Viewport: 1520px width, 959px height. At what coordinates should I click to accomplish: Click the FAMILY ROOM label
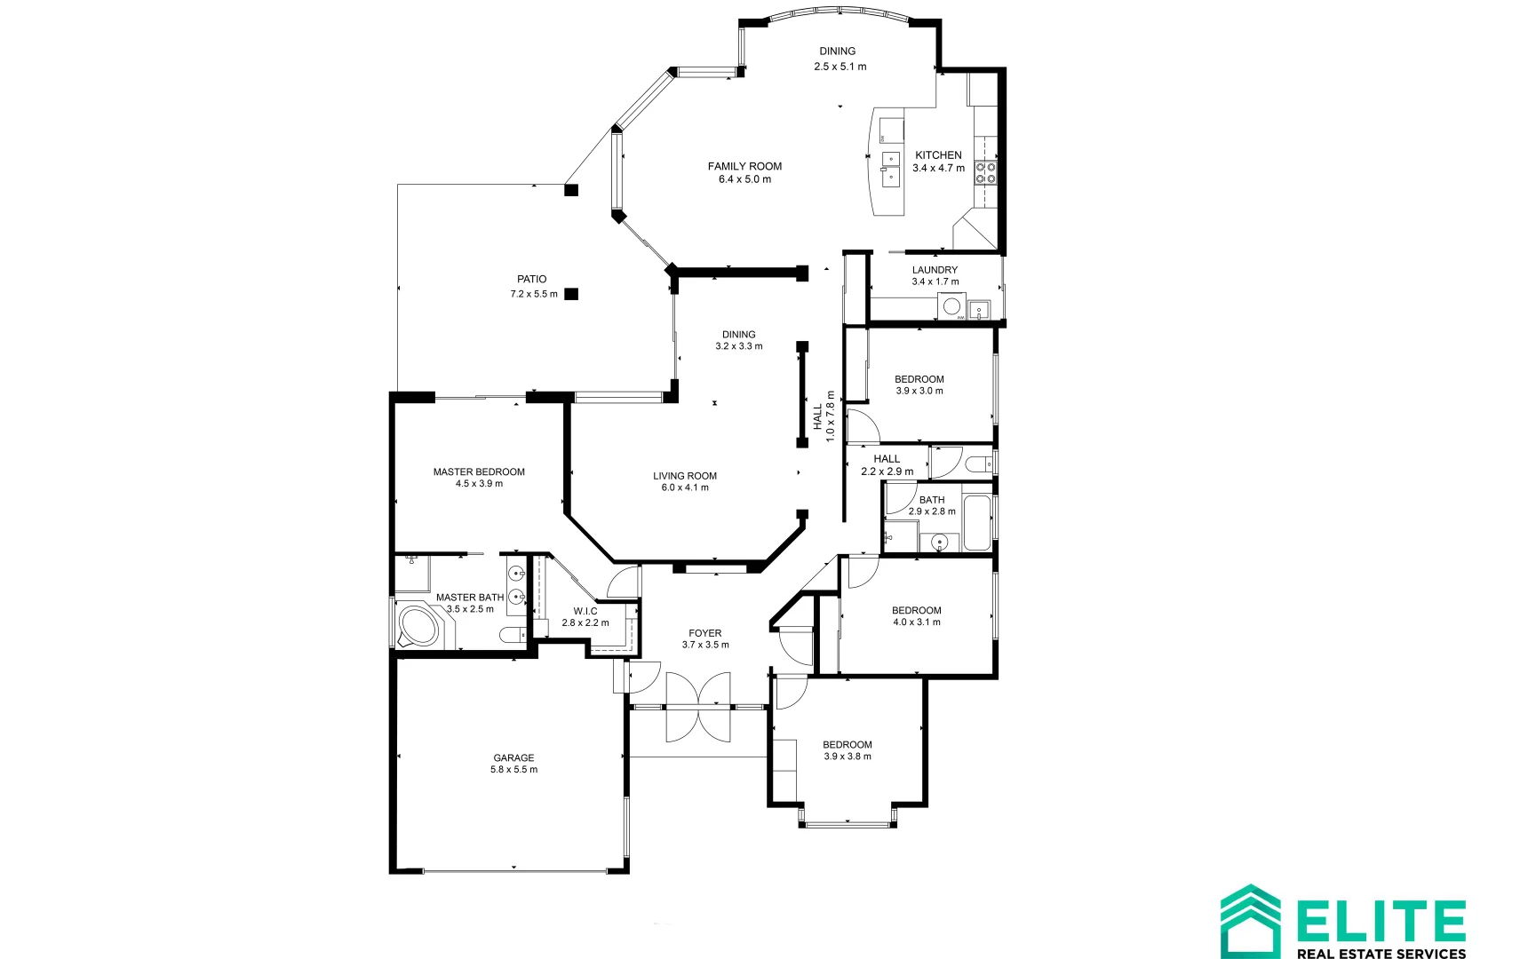(744, 166)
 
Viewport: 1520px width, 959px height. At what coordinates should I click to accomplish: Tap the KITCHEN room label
(938, 155)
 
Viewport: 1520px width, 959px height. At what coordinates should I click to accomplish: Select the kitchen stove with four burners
(985, 172)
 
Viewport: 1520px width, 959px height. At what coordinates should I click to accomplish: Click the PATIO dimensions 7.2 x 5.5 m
(533, 294)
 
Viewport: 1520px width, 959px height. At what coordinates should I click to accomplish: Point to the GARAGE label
(513, 757)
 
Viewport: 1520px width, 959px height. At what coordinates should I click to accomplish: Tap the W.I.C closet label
(585, 611)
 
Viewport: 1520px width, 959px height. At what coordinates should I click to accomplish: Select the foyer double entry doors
(698, 707)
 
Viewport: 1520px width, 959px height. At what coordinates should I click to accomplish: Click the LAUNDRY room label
(935, 270)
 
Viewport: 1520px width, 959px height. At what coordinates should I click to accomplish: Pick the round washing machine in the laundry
(951, 307)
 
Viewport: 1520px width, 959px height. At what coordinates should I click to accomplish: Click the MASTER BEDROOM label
(479, 472)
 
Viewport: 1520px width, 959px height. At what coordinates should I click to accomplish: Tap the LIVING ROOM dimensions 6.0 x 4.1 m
(685, 487)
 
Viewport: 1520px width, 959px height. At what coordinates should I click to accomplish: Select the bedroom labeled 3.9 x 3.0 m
(919, 384)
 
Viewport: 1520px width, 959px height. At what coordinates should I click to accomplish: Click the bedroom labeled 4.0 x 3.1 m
(916, 615)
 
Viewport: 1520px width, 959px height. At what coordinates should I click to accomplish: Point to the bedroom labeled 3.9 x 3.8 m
(847, 750)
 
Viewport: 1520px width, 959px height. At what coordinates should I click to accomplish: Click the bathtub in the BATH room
(977, 524)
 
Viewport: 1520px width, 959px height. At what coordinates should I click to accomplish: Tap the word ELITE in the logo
(1380, 921)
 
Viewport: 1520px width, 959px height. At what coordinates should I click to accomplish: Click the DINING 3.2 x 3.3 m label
(738, 340)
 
